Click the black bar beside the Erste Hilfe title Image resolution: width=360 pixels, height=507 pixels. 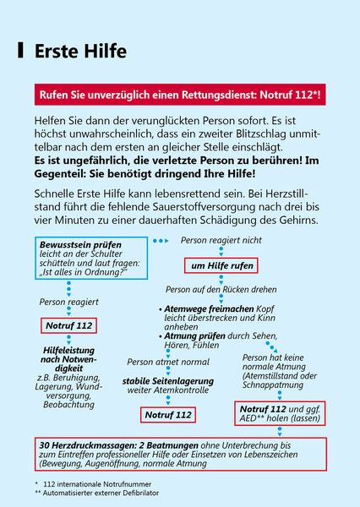click(x=20, y=51)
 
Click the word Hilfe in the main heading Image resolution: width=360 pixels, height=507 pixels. click(x=101, y=52)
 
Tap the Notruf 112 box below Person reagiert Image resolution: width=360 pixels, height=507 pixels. click(x=68, y=324)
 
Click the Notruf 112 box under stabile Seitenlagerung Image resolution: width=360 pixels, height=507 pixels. click(x=167, y=414)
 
